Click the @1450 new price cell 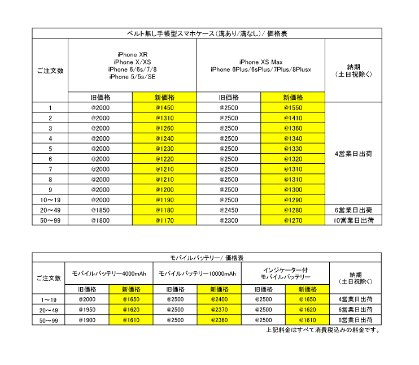click(x=164, y=108)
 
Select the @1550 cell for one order click(x=293, y=108)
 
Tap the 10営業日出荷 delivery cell click(x=353, y=220)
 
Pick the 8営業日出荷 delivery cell click(x=353, y=320)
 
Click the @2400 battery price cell click(x=220, y=299)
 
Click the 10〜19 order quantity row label click(x=50, y=200)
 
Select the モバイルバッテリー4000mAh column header click(x=109, y=273)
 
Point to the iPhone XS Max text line click(x=261, y=62)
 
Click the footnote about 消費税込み click(x=322, y=330)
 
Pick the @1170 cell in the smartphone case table click(x=164, y=220)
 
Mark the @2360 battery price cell click(x=220, y=320)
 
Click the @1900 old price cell click(x=87, y=320)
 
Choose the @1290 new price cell click(x=293, y=200)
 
